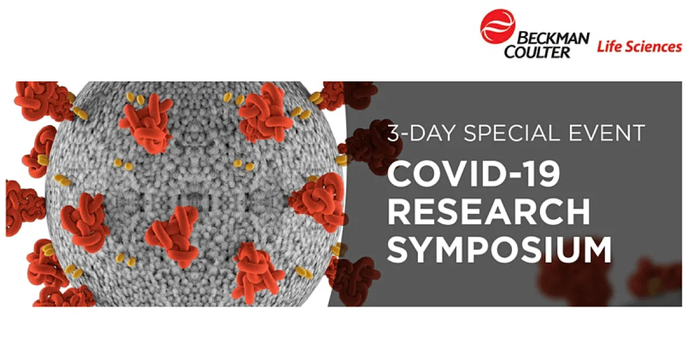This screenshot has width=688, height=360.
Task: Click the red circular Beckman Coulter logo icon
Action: [498, 27]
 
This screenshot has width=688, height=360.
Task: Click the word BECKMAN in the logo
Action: [546, 38]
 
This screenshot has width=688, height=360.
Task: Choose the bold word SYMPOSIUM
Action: [499, 251]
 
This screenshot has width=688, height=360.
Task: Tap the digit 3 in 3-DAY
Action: [394, 134]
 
